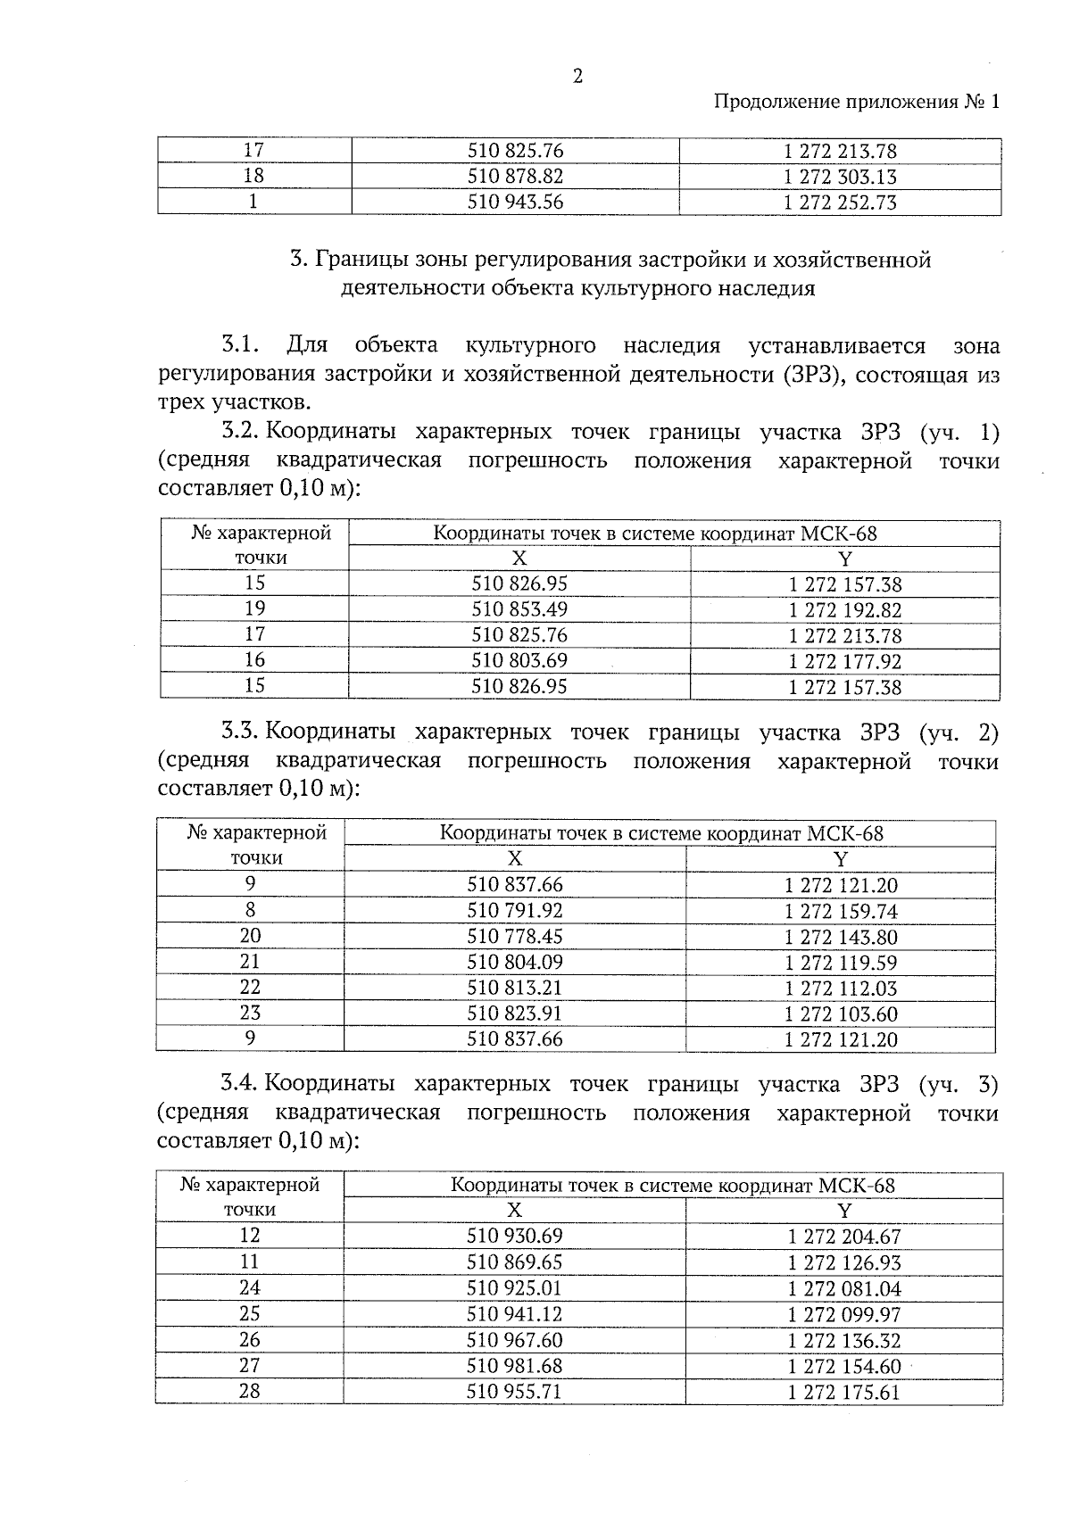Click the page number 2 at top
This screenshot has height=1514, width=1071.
click(x=577, y=77)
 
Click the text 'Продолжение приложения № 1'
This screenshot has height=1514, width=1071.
click(x=858, y=102)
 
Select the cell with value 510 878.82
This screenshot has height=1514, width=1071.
click(x=515, y=177)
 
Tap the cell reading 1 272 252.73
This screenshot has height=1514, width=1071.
click(x=839, y=203)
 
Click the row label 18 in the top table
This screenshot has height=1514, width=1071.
click(x=253, y=176)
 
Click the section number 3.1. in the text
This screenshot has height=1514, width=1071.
click(x=240, y=345)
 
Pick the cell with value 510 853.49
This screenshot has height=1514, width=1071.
click(x=519, y=609)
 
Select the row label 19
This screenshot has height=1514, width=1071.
click(x=254, y=608)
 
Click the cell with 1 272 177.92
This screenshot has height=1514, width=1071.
click(x=844, y=661)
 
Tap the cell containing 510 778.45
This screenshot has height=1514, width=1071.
click(x=515, y=937)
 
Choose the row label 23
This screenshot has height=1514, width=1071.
click(x=250, y=1013)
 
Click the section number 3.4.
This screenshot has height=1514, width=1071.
click(x=240, y=1084)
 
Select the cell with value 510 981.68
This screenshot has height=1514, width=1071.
click(x=515, y=1366)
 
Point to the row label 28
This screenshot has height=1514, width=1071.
click(x=249, y=1390)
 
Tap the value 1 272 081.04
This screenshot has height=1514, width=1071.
click(x=843, y=1289)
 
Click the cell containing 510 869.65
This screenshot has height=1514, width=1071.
click(x=515, y=1262)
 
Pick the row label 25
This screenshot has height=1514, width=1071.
click(x=249, y=1313)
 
